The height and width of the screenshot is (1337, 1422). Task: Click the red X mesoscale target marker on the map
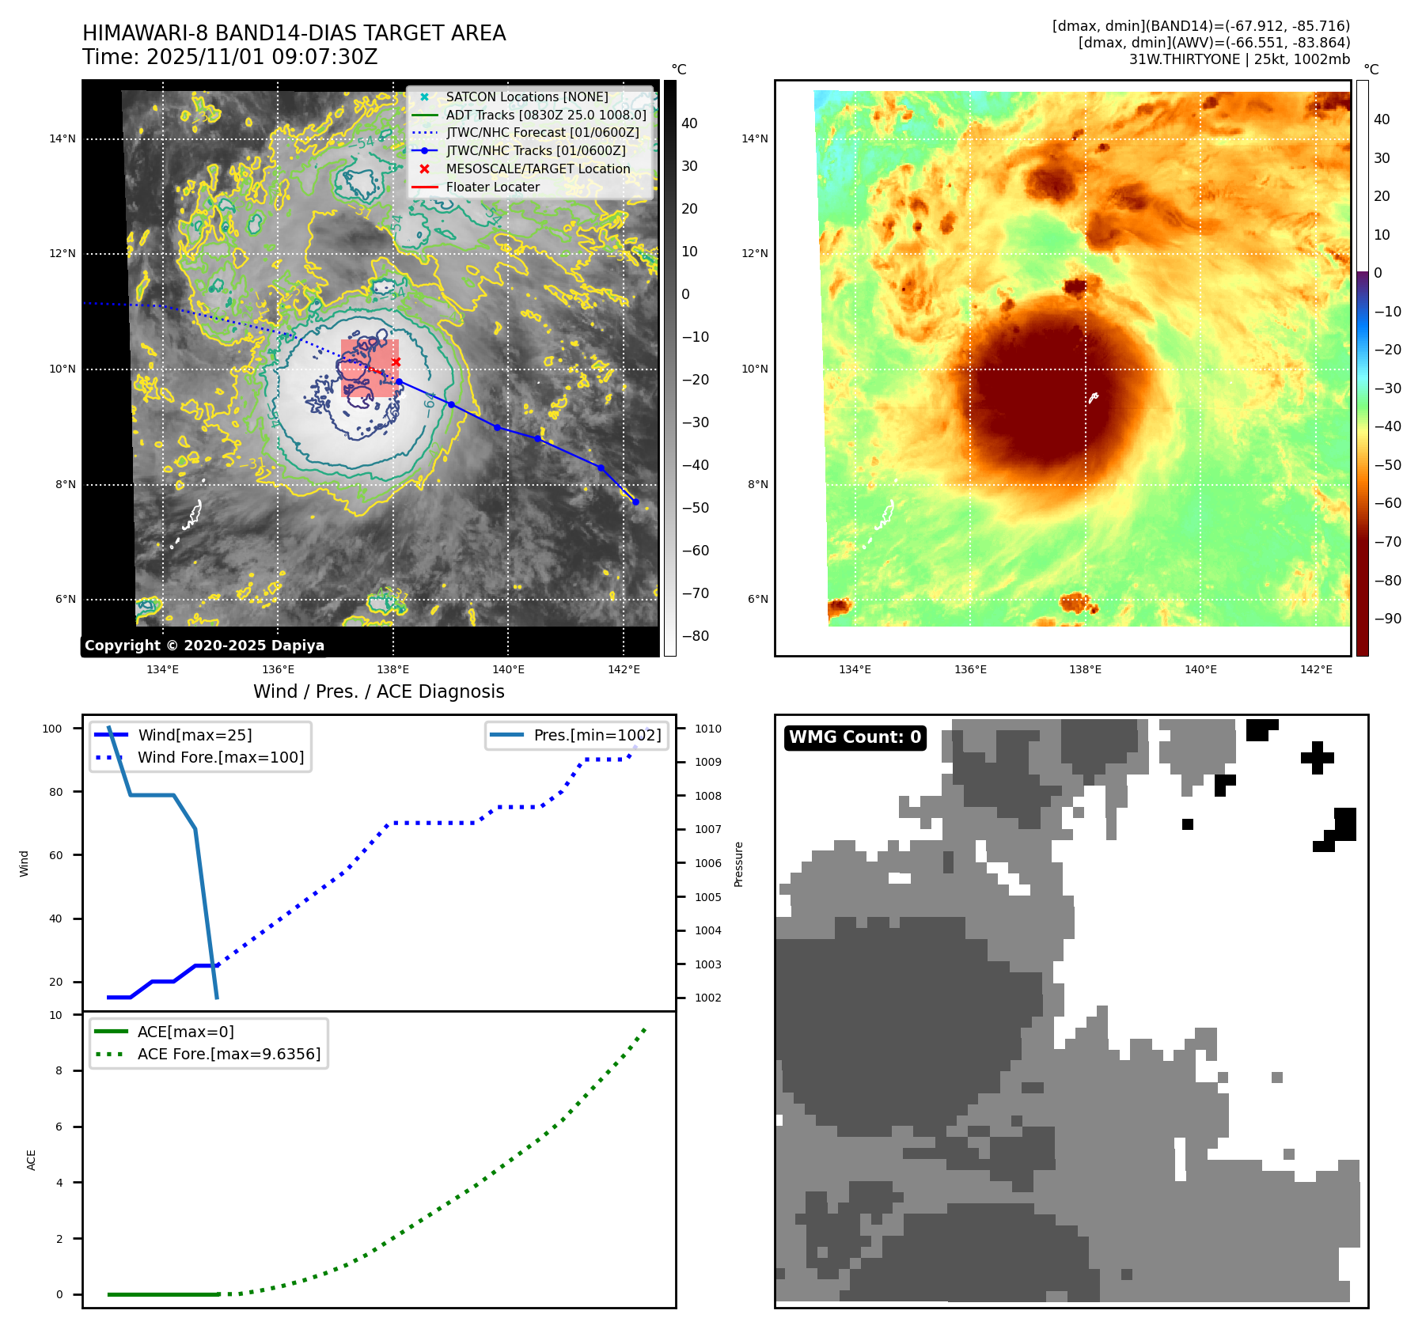pos(396,362)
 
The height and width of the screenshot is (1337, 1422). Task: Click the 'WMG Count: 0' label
pos(855,737)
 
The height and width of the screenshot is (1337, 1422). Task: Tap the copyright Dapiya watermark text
pos(204,646)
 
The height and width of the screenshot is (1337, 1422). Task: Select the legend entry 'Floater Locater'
pos(492,187)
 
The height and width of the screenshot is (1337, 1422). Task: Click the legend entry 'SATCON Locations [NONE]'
pos(526,97)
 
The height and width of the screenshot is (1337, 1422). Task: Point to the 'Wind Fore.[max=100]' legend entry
pos(221,757)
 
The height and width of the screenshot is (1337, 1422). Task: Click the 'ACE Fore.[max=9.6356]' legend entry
pos(229,1054)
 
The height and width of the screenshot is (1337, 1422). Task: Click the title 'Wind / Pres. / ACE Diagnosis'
pos(378,691)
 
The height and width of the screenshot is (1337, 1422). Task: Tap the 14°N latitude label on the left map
pos(63,138)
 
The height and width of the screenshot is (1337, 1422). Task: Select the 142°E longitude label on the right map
pos(1316,669)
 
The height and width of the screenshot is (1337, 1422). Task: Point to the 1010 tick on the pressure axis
pos(708,729)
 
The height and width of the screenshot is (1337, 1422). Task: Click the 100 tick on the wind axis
pos(52,729)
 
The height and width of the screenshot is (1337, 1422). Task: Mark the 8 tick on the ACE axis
pos(59,1070)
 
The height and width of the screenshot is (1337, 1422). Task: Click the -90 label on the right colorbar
pos(1388,619)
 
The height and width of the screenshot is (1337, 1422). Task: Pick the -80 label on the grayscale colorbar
pos(696,636)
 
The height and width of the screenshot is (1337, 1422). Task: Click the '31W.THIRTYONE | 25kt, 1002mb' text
pos(1239,59)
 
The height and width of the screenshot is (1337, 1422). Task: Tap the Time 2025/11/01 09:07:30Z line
pos(229,57)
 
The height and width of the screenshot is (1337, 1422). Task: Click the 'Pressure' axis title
pos(738,864)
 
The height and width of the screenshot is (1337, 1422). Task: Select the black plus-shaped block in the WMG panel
pos(1317,757)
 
